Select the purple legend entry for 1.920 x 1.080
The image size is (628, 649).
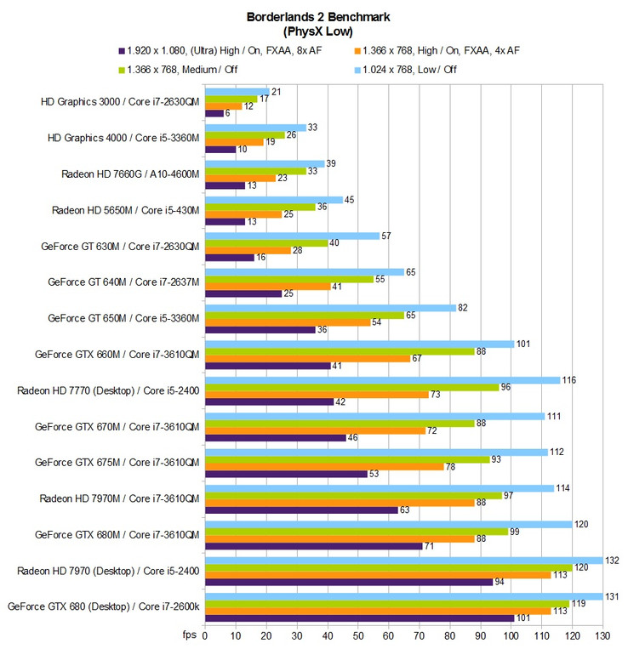tap(213, 49)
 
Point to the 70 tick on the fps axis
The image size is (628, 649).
tap(420, 635)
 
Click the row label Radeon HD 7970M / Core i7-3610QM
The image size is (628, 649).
tap(119, 498)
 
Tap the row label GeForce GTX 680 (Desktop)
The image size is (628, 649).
tap(104, 606)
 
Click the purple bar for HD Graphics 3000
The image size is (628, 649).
tap(214, 113)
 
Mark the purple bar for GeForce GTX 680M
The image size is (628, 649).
tap(314, 546)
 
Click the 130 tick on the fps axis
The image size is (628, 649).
tap(602, 635)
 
